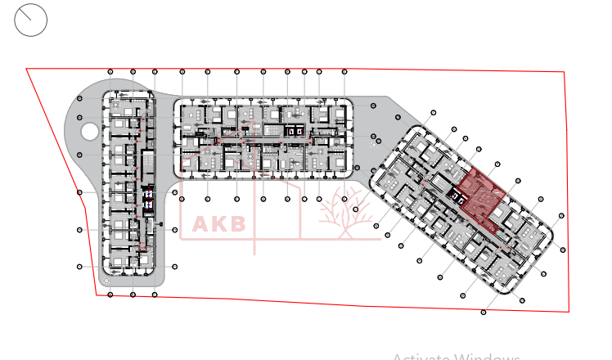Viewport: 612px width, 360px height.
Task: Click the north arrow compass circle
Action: pos(31,20)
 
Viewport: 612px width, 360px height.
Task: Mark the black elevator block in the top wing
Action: pos(293,130)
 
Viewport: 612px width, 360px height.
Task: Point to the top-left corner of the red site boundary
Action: pos(27,69)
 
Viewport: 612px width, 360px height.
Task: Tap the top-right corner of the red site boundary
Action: pos(565,72)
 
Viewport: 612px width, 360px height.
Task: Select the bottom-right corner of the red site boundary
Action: pos(569,312)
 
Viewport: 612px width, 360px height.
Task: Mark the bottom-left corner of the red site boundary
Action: pos(97,295)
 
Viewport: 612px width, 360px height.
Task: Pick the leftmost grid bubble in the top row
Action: pos(110,72)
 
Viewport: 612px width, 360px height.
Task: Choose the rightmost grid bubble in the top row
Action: pos(344,72)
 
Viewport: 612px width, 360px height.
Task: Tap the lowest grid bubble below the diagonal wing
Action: pos(484,312)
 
